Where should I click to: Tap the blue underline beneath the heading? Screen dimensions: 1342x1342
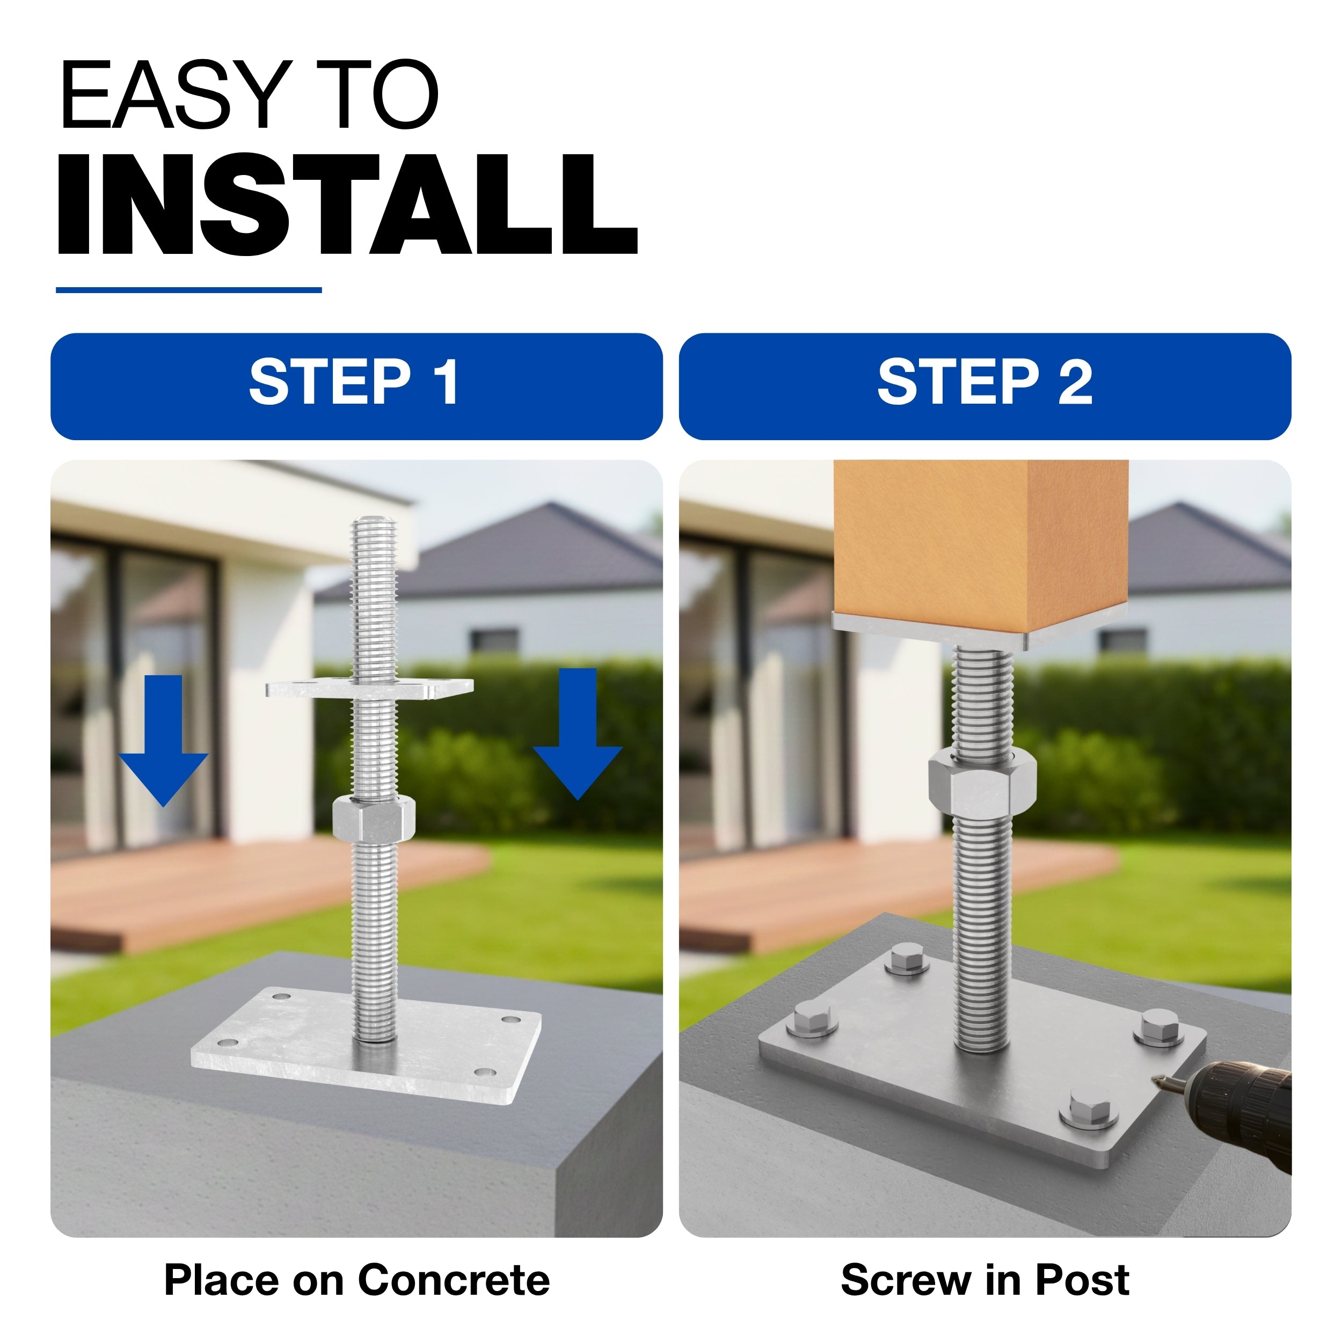click(x=188, y=290)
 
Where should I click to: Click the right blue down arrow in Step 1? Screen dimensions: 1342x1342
click(x=577, y=733)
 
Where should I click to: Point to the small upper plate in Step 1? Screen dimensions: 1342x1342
click(x=369, y=688)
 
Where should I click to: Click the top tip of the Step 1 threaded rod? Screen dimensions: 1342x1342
click(x=374, y=518)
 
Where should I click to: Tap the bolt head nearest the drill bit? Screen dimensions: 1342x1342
click(x=1162, y=1027)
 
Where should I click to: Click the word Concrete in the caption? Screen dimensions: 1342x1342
click(x=454, y=1280)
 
